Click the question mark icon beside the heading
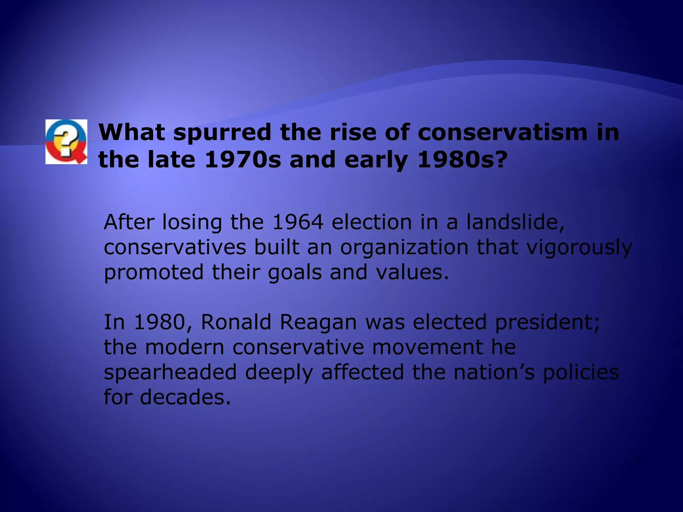(66, 142)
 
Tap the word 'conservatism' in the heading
(502, 132)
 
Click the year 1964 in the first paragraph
(298, 222)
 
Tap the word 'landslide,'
(516, 222)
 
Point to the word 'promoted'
(154, 273)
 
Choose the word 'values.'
(413, 272)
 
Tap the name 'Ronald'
(236, 322)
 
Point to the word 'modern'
(184, 347)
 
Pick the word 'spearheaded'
(170, 373)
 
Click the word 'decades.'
(185, 397)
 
